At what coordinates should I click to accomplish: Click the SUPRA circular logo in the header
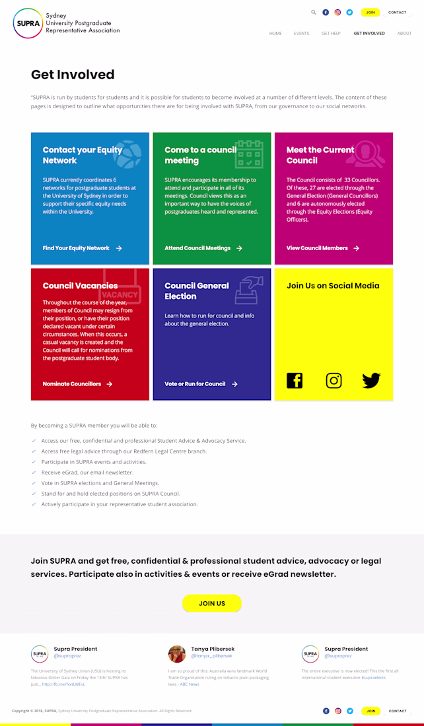point(27,23)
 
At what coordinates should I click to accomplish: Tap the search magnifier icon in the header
point(314,12)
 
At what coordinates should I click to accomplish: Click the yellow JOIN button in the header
point(371,13)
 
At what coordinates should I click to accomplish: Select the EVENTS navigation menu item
point(301,33)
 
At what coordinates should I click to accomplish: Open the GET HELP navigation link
point(331,33)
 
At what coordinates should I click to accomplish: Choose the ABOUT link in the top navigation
point(404,33)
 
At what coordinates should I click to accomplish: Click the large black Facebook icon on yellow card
point(295,380)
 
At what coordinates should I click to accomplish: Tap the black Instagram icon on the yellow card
point(334,380)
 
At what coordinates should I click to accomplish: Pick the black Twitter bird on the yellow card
point(371,380)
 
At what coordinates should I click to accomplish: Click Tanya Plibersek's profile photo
point(177,653)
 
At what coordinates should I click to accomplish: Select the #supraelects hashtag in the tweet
point(373,678)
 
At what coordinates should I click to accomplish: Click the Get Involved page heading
point(73,75)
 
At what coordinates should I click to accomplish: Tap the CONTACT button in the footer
point(398,711)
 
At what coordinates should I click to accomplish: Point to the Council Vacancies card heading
point(80,286)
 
